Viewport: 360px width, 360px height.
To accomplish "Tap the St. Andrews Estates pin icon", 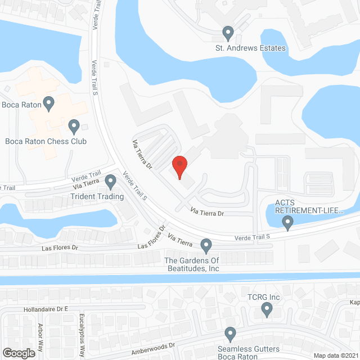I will [228, 33].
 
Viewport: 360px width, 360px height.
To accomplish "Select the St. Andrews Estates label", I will [250, 48].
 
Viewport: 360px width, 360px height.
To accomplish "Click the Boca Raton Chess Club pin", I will [73, 126].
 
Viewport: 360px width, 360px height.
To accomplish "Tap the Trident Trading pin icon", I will [110, 182].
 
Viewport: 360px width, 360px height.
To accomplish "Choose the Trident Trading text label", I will [97, 196].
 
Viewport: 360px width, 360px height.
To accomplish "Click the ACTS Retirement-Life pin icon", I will [289, 224].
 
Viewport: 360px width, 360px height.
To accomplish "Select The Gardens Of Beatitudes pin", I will [206, 246].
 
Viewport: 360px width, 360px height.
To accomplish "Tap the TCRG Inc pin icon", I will [267, 309].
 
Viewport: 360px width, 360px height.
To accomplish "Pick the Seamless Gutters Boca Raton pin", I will [230, 334].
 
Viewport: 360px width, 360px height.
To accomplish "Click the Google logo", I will [19, 353].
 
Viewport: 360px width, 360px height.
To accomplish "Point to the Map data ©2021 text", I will [335, 355].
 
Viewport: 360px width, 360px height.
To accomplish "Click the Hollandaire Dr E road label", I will [46, 309].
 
